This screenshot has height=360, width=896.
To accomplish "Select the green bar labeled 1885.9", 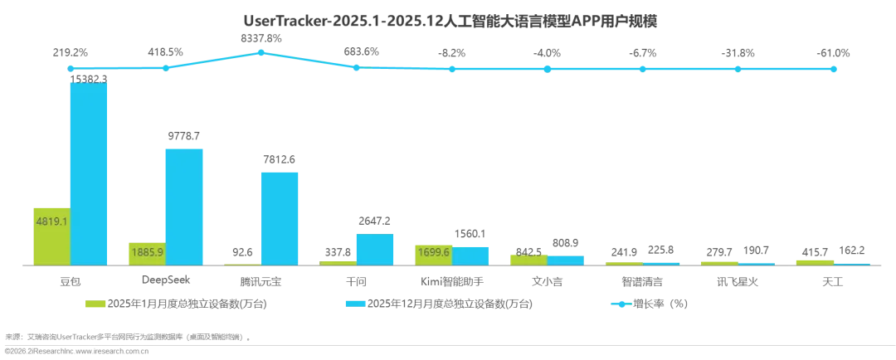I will tap(144, 251).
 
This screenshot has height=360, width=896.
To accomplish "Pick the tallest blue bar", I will tap(89, 171).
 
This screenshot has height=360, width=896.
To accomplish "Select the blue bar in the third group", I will tap(280, 216).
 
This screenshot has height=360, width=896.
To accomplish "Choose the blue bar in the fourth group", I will tap(375, 248).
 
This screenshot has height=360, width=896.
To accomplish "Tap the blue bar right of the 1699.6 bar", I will tap(471, 255).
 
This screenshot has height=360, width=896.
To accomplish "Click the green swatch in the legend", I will tap(94, 304).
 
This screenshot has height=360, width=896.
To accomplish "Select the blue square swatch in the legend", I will tap(355, 304).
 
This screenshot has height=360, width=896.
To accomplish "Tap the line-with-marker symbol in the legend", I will tap(621, 304).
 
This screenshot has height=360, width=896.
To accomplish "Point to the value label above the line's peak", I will tap(262, 38).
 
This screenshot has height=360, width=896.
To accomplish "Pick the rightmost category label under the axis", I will tap(833, 280).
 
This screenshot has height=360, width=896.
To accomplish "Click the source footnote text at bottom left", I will tap(124, 340).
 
